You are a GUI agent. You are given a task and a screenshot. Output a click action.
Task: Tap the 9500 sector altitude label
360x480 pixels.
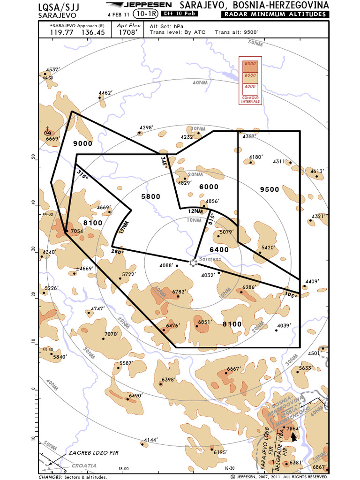coord(270,189)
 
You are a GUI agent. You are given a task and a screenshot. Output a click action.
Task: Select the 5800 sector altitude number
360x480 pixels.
coord(150,196)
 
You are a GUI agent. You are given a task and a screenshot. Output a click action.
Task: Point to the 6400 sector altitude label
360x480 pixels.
coord(219,249)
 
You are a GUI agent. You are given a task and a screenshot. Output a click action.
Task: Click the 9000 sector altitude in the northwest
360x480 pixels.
coord(83,143)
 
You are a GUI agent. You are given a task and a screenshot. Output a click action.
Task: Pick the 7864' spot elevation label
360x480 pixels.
coord(293,428)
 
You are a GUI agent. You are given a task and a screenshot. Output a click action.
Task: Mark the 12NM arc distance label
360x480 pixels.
coord(195,211)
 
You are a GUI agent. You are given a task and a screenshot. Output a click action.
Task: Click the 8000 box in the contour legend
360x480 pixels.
coord(250,63)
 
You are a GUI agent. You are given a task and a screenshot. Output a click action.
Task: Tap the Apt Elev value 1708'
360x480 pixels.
coord(128,33)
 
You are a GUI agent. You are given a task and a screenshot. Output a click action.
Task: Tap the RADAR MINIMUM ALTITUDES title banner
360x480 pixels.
coord(275,15)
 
